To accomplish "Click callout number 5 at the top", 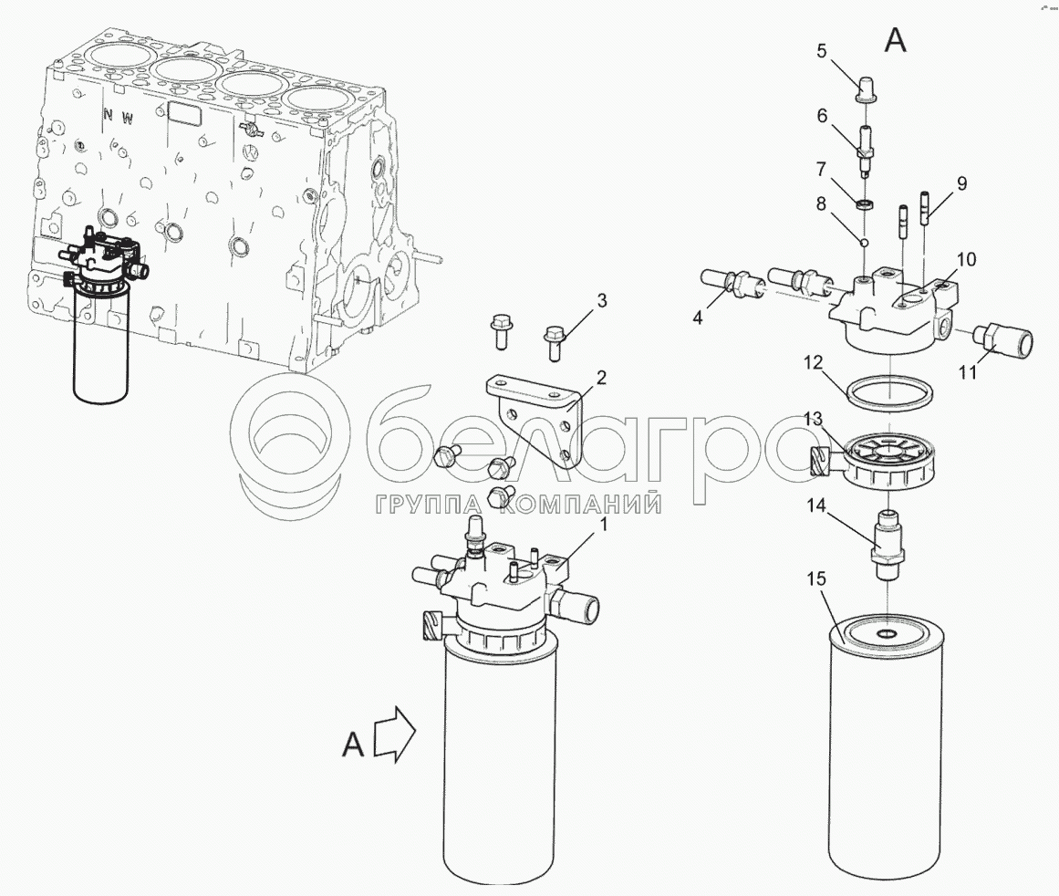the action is point(822,51).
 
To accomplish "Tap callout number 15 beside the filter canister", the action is point(816,579).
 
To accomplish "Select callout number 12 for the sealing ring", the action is point(815,363).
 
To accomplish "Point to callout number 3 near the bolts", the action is point(601,301).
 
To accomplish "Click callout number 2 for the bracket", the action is point(600,378).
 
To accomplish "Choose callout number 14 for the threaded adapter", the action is point(816,505).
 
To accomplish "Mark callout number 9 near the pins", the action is point(961,183).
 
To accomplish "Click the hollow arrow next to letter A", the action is point(394,735).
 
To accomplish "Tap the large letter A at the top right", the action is point(896,41).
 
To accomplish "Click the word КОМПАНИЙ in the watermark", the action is point(583,503).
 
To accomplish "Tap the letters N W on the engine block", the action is point(119,117).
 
